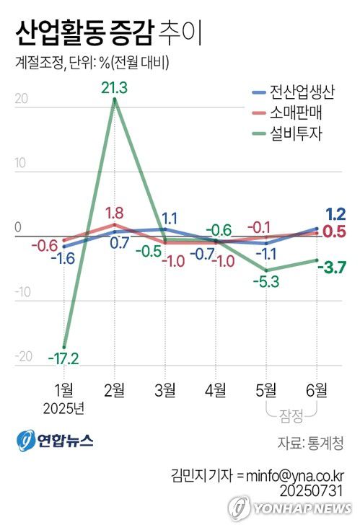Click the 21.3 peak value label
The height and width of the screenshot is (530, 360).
114,87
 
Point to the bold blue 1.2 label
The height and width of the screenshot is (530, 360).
335,213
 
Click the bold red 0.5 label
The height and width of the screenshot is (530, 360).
334,231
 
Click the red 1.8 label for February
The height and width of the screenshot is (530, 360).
114,213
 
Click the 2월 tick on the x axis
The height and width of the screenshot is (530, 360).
114,390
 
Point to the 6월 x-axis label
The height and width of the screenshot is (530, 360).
315,390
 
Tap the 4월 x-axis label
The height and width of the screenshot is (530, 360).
215,390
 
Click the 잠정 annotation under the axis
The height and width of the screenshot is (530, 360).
290,415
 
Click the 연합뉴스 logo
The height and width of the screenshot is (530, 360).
54,441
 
